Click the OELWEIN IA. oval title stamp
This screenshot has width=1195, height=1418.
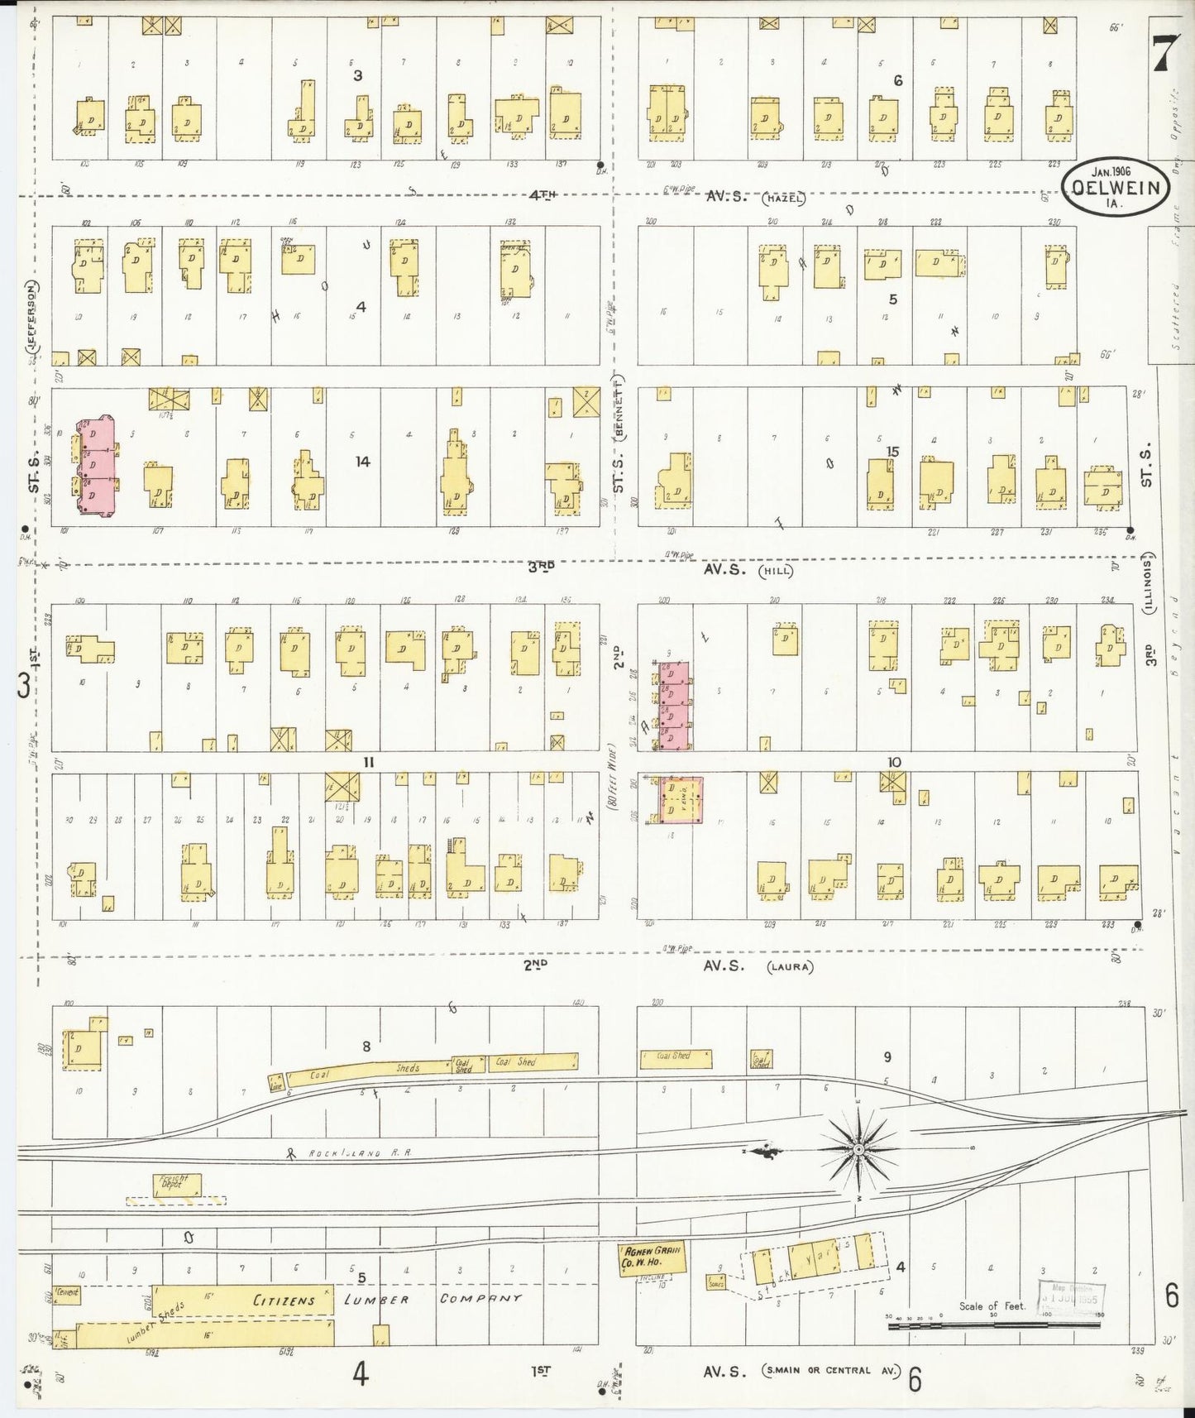(1116, 188)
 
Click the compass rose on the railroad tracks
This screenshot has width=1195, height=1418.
(858, 1150)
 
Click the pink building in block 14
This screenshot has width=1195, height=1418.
(97, 467)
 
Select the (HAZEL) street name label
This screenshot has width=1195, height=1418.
(785, 198)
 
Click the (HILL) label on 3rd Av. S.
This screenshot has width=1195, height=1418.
(779, 570)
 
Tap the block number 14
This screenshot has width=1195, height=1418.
(362, 462)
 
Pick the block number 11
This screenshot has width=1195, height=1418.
(369, 762)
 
